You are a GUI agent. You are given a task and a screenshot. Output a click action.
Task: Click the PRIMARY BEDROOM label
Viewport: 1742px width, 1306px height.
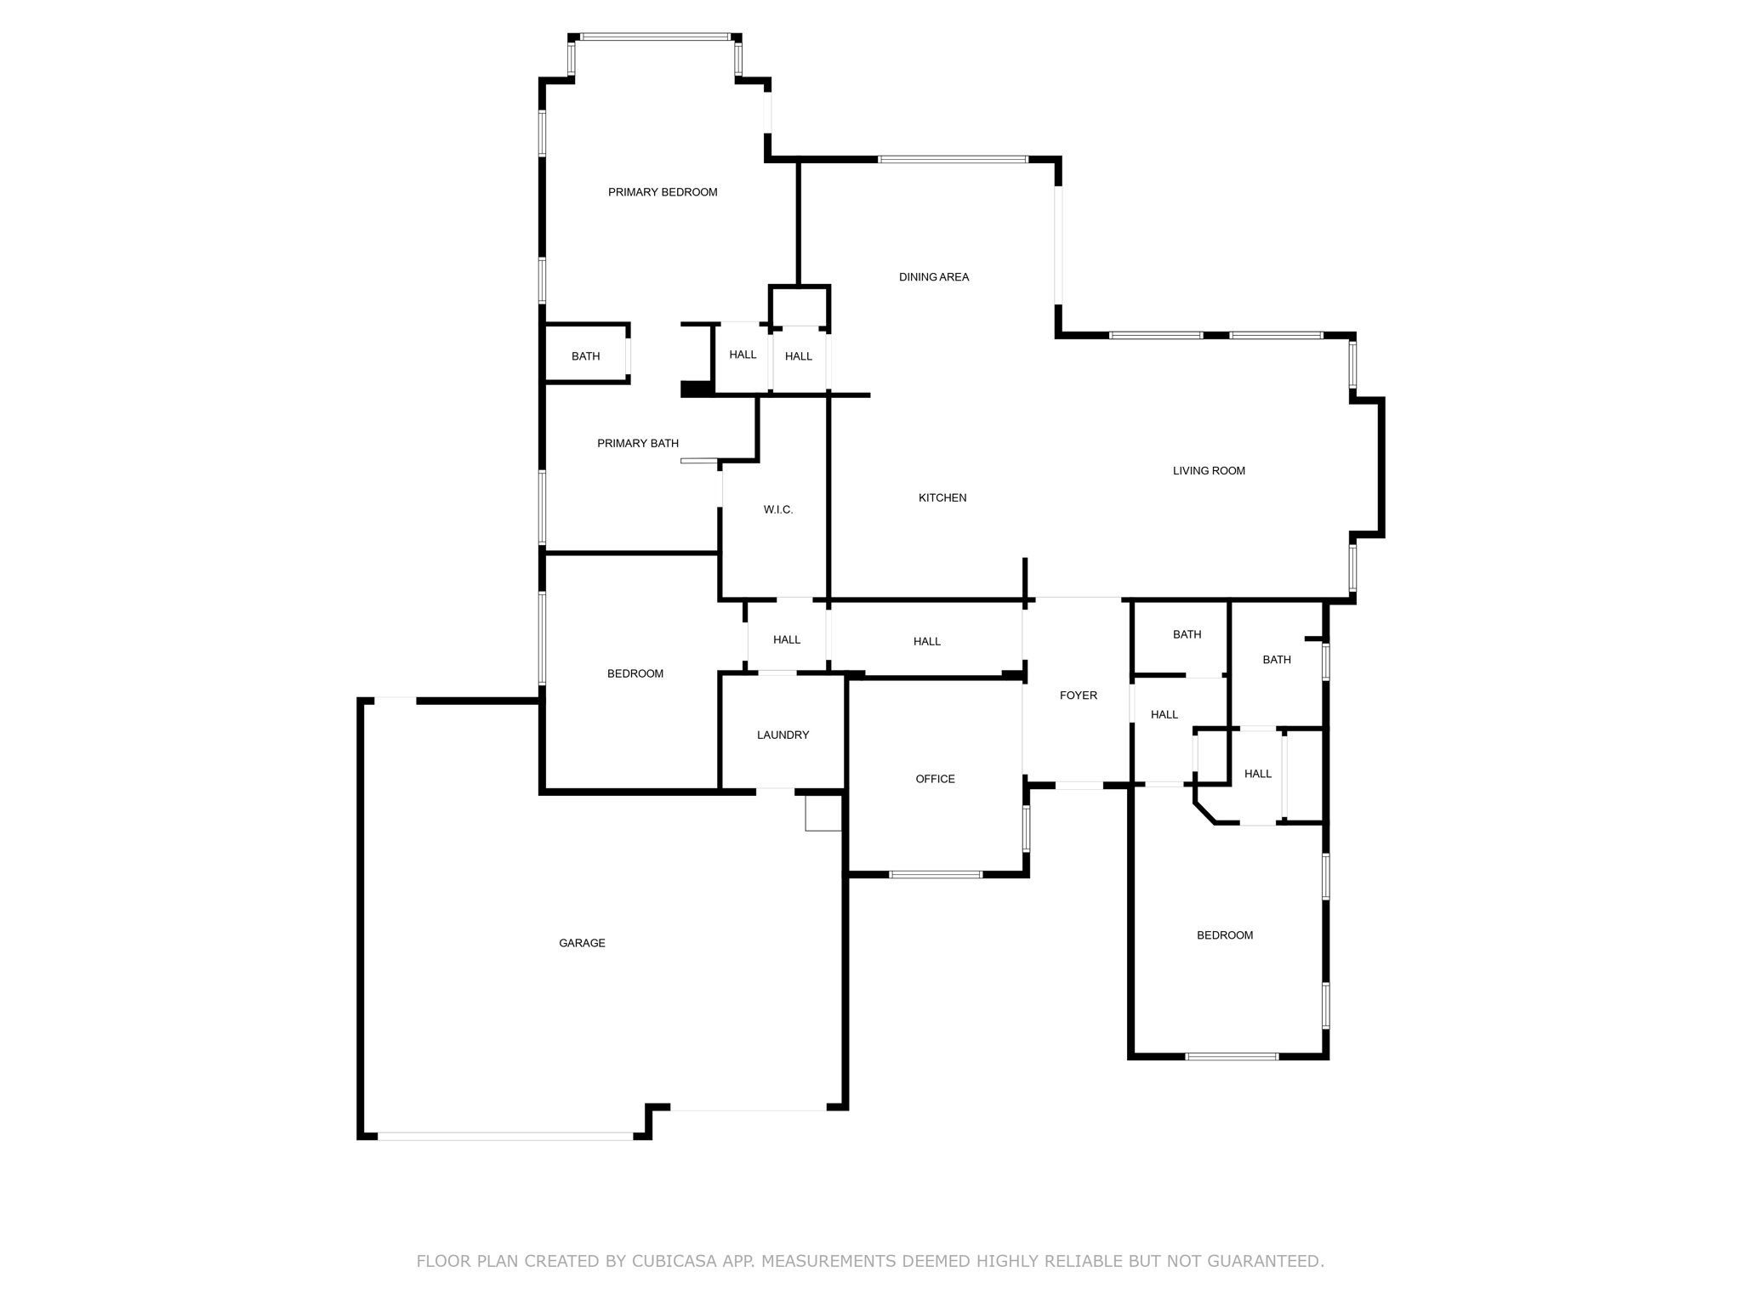(x=663, y=192)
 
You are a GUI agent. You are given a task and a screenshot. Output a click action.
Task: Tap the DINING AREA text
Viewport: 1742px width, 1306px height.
(x=934, y=277)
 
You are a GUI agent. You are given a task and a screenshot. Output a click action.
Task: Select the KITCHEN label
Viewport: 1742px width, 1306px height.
(x=942, y=498)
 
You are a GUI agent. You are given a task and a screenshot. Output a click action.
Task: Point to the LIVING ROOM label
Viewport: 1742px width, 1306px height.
(x=1209, y=471)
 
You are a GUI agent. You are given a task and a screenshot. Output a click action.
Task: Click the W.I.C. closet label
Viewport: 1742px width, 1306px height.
(x=778, y=510)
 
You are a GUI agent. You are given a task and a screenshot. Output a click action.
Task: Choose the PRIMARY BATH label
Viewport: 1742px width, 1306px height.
(x=638, y=444)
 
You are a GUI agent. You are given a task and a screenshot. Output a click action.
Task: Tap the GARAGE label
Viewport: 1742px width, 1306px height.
(x=582, y=943)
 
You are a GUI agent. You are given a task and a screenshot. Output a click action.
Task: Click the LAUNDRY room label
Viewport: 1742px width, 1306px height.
(x=783, y=735)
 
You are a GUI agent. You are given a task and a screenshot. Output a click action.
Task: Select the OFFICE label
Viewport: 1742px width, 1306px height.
(x=935, y=780)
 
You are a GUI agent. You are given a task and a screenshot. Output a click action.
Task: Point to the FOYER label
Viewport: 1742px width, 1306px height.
(x=1079, y=696)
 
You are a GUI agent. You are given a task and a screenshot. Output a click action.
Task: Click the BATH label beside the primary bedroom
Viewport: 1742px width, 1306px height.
(x=585, y=356)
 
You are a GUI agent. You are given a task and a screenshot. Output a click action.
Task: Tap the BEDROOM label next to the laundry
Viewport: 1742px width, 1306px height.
(x=635, y=674)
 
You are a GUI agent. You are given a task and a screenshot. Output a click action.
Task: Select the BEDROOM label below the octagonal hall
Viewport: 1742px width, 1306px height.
(x=1225, y=935)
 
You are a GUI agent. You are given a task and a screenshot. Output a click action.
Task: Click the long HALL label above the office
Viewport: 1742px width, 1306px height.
(x=927, y=642)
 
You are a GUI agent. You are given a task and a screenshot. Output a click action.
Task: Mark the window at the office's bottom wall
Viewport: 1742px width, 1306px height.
(x=936, y=874)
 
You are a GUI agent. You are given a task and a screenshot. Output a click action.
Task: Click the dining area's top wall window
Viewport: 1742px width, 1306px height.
(x=953, y=159)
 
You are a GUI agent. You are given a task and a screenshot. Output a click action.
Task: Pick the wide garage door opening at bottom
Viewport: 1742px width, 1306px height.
(x=505, y=1136)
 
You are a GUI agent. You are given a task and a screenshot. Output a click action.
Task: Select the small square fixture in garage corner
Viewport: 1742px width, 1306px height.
(x=823, y=814)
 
